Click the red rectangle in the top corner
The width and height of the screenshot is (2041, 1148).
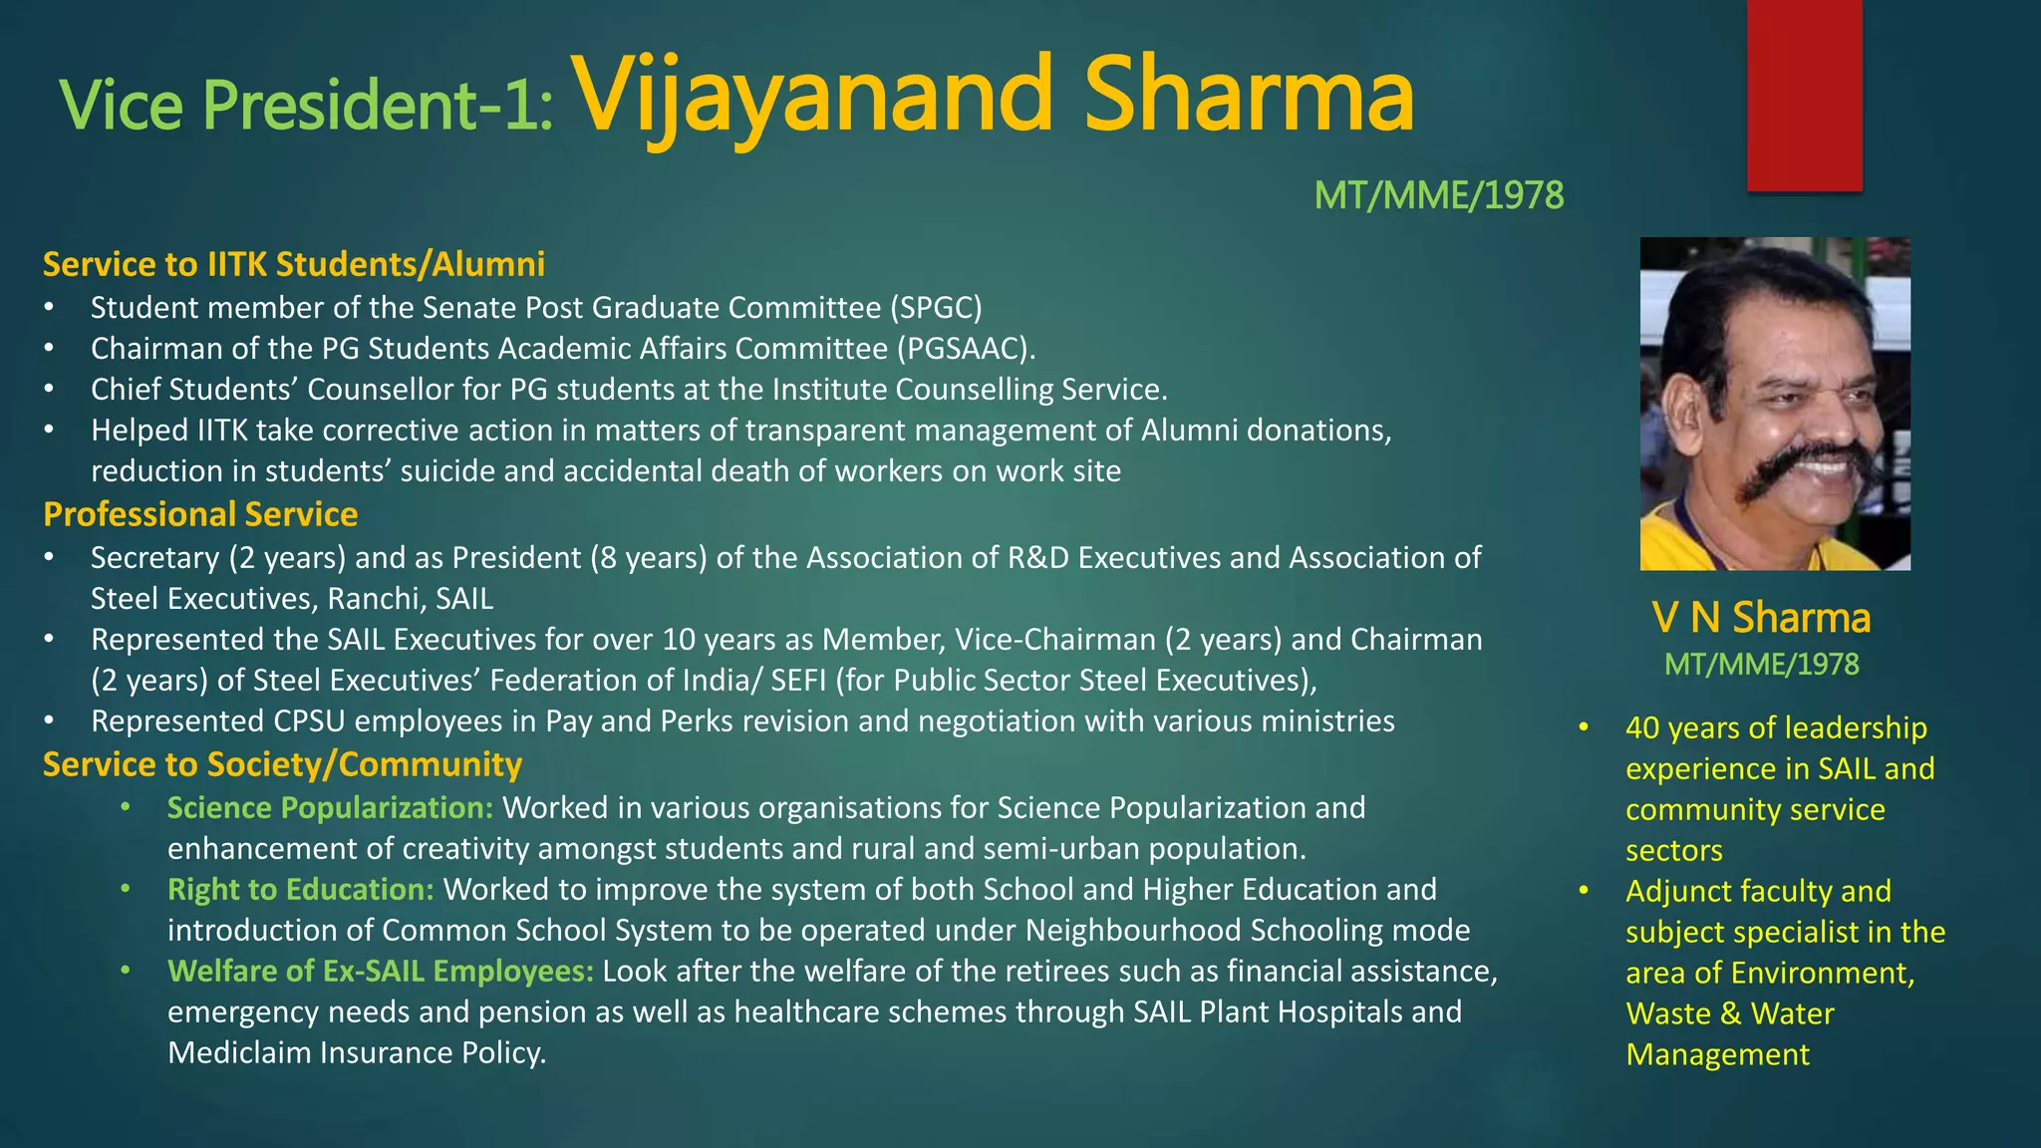pos(1804,95)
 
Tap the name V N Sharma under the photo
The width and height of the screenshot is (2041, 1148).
pos(1761,618)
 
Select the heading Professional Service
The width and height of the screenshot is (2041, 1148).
pos(200,514)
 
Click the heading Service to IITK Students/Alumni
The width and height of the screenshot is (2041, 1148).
pos(294,264)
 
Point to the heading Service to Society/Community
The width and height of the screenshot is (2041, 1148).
pos(282,764)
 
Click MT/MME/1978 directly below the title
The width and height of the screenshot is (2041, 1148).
pos(1438,195)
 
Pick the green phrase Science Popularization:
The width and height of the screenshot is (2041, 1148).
pos(330,807)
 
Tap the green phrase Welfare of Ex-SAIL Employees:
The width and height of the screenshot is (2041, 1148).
pos(380,971)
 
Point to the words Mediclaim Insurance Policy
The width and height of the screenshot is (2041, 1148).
pos(356,1052)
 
